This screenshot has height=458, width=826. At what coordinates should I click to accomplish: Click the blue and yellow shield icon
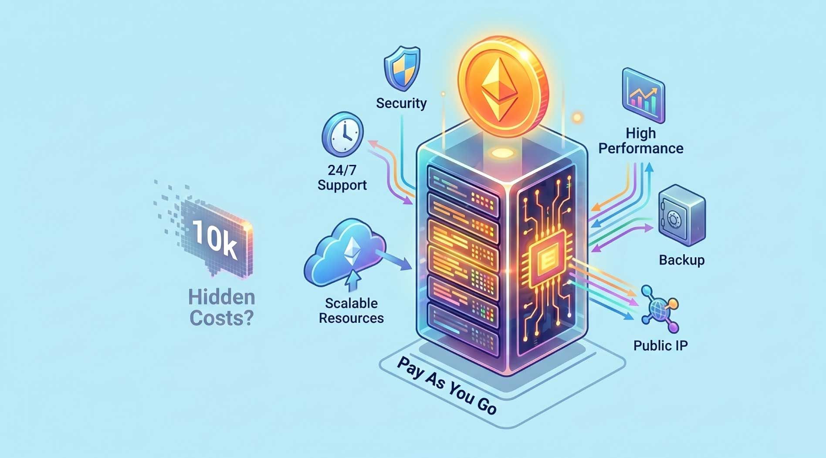[x=402, y=68]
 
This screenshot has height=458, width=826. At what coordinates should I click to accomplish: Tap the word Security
[x=401, y=103]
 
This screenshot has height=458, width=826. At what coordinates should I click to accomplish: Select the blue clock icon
[x=342, y=134]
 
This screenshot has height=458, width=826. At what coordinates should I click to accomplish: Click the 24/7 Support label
[x=342, y=177]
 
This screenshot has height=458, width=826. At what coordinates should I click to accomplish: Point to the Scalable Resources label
[x=351, y=311]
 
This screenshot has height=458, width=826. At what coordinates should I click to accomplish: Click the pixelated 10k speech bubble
[x=214, y=239]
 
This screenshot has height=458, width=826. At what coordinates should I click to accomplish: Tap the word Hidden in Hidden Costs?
[x=221, y=297]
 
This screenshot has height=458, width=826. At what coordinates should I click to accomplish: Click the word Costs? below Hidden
[x=221, y=318]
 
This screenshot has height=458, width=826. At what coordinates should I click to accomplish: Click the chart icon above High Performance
[x=643, y=96]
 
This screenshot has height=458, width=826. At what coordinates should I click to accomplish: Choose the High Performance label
[x=640, y=140]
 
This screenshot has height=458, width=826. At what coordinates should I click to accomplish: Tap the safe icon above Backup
[x=680, y=216]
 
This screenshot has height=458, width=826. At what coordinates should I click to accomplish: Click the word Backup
[x=681, y=260]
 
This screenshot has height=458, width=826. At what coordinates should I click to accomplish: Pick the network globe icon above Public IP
[x=660, y=309]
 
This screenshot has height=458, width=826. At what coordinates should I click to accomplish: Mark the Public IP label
[x=660, y=345]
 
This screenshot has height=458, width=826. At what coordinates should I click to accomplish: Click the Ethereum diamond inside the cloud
[x=352, y=251]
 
